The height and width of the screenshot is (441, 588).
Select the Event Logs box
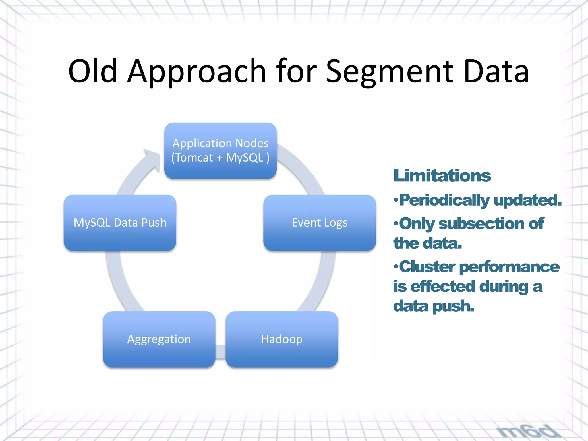[x=319, y=223]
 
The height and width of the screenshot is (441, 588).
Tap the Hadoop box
[x=281, y=339]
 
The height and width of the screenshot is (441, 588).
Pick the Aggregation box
[x=159, y=339]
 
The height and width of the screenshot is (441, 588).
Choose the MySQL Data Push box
[x=120, y=223]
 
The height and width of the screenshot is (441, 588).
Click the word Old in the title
[x=92, y=71]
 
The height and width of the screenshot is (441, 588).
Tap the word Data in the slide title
[x=496, y=71]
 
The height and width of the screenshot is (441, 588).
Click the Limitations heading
[x=442, y=175]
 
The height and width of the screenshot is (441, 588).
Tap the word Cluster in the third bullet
[x=427, y=267]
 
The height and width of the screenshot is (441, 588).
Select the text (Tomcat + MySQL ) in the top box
[x=220, y=158]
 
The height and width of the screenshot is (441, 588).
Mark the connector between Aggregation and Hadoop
[x=220, y=351]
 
